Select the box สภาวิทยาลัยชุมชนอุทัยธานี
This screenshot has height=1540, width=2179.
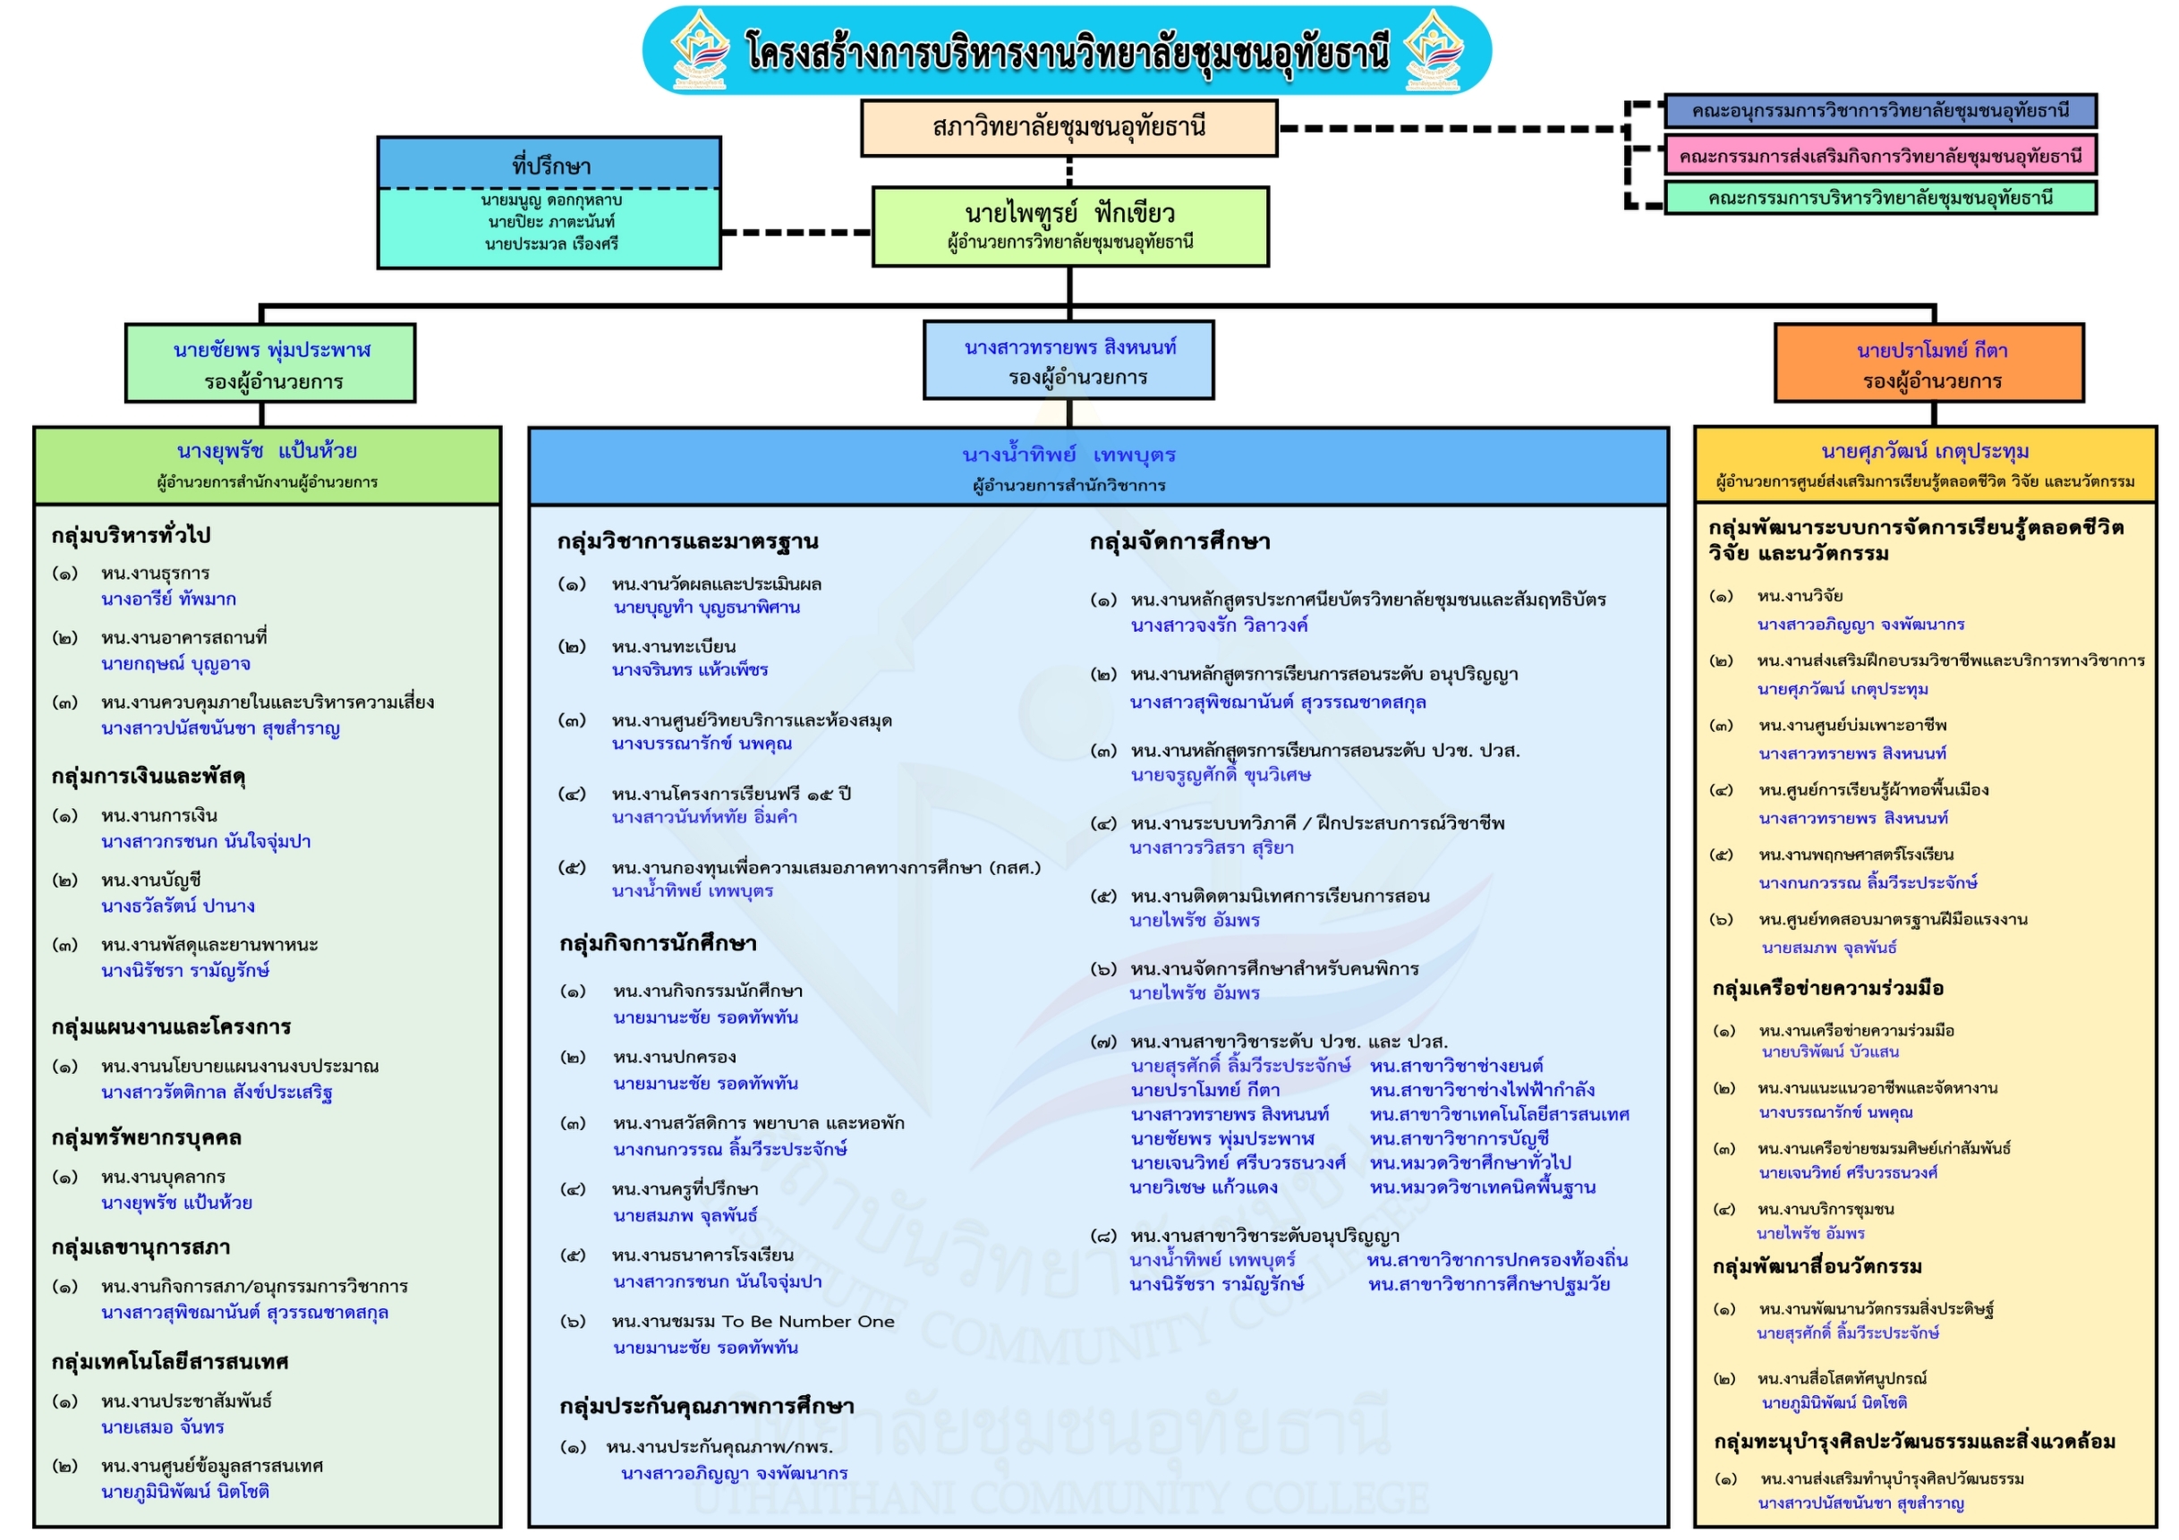click(1068, 127)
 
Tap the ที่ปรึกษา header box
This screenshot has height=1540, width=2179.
click(549, 164)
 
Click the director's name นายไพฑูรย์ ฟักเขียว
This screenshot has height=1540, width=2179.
click(1068, 214)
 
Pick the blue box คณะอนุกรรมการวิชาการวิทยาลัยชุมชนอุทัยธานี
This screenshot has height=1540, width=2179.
click(1879, 111)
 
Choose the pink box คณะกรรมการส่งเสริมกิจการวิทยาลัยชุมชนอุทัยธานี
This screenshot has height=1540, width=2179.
click(1879, 156)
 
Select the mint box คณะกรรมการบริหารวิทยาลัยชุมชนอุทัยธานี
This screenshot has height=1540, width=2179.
click(1879, 199)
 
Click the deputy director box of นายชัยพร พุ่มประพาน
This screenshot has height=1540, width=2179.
click(270, 363)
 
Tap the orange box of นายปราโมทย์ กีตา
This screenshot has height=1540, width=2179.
click(1929, 363)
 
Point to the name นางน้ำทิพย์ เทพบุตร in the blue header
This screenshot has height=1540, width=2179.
click(1068, 455)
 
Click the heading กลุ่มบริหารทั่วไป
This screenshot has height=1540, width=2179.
click(131, 535)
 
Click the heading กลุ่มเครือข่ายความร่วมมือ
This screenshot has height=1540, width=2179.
click(1828, 989)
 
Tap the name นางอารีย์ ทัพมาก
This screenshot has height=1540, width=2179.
click(169, 599)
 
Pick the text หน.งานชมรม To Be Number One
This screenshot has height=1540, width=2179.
click(753, 1322)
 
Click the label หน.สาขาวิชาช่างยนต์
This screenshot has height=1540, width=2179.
click(1457, 1066)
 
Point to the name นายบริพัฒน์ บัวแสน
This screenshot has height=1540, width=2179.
click(1830, 1051)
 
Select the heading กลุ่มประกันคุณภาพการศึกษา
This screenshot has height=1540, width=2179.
click(707, 1406)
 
